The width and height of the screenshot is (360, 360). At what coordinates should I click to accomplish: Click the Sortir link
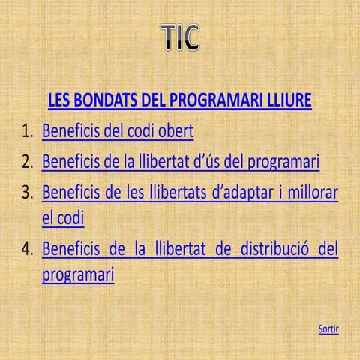click(328, 328)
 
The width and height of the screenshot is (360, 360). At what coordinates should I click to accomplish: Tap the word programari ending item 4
click(78, 275)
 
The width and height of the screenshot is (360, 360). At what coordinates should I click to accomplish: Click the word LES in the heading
click(61, 100)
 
